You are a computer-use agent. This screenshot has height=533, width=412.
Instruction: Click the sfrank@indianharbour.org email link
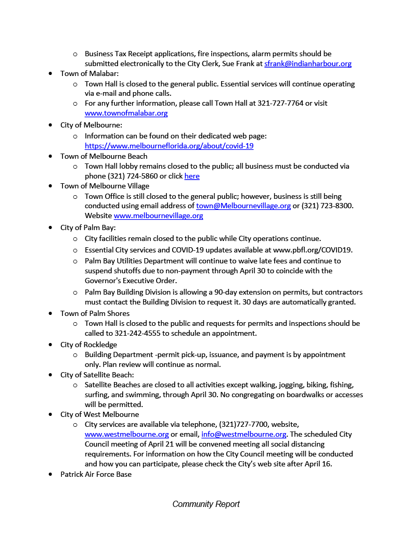pos(307,64)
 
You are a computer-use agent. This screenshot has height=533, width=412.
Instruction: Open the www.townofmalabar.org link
pos(126,113)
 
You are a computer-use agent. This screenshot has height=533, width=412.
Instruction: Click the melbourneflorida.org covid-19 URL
pos(169,146)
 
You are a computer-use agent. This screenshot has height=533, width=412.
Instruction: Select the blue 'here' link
pos(191,176)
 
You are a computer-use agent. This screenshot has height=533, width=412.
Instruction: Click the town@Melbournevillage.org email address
pos(243,206)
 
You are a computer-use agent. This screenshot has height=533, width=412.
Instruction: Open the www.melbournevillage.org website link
pos(158,215)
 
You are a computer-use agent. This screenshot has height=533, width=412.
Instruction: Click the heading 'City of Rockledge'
pos(88,345)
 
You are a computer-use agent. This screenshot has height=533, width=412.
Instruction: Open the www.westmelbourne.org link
pos(126,434)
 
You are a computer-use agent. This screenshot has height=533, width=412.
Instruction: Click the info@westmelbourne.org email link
pos(244,434)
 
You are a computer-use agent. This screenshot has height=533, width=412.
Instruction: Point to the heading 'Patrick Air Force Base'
pos(96,474)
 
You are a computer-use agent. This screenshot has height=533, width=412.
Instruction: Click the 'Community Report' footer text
pos(206,504)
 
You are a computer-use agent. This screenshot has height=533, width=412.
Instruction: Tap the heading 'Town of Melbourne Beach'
pos(104,156)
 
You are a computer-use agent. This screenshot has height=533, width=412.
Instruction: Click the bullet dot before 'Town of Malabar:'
pos(50,73)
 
